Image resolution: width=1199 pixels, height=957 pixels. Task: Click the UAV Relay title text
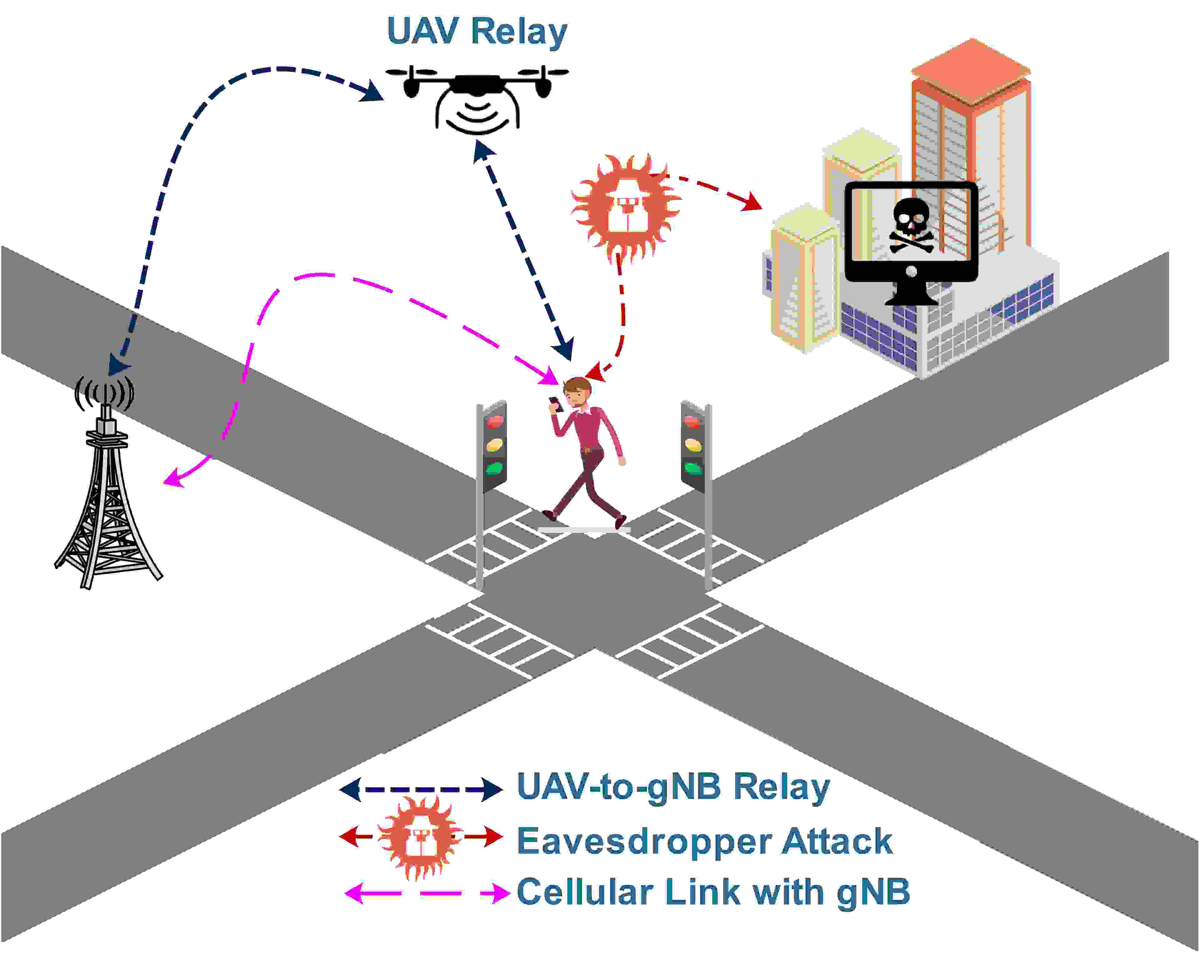coord(477,31)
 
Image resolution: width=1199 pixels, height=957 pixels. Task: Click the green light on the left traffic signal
coord(494,468)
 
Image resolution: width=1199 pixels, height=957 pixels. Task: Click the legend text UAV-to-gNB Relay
coord(673,787)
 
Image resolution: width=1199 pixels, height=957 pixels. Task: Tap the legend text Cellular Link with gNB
coord(713,892)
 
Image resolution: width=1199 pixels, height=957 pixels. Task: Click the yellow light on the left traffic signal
coord(494,444)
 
